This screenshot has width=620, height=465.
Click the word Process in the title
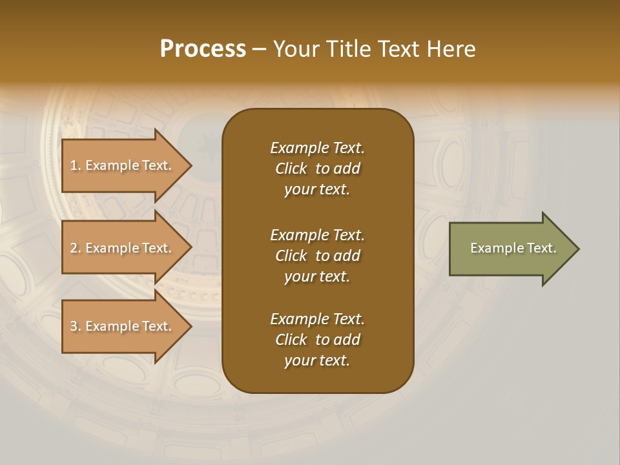[x=203, y=49]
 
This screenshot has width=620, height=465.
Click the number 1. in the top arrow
[x=76, y=165]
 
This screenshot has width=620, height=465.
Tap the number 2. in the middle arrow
[x=76, y=248]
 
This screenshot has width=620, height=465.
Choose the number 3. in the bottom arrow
[x=76, y=326]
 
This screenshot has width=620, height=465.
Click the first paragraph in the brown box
[x=317, y=169]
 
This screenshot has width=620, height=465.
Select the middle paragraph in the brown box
[x=317, y=256]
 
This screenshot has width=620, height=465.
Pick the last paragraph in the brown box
[x=317, y=340]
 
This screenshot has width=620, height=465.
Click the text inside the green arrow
[x=513, y=248]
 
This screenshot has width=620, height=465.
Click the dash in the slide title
[x=260, y=49]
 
